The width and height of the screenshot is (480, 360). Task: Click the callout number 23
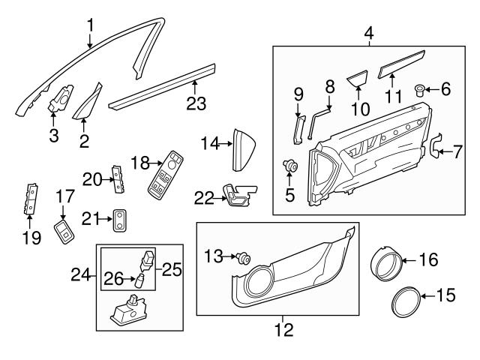196,103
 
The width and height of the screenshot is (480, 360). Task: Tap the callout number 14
208,142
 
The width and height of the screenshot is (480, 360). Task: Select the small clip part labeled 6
421,93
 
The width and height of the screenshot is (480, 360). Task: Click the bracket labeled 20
116,177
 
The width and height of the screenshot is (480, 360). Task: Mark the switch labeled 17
65,229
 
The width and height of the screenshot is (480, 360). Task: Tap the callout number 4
368,33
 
